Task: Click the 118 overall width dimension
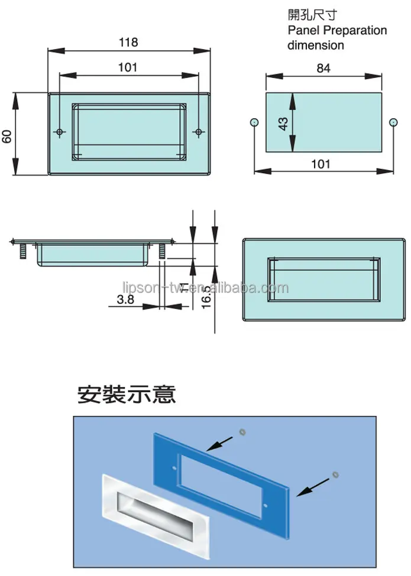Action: pyautogui.click(x=128, y=43)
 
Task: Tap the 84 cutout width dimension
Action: pyautogui.click(x=323, y=69)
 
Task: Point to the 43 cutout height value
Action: pyautogui.click(x=283, y=123)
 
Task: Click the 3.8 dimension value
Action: pyautogui.click(x=125, y=300)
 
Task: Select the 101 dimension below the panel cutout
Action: pyautogui.click(x=320, y=164)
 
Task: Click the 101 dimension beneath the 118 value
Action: pyautogui.click(x=128, y=67)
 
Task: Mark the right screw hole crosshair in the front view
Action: pyautogui.click(x=198, y=131)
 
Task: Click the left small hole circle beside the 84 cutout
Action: pyautogui.click(x=254, y=122)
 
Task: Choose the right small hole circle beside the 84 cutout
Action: pyautogui.click(x=393, y=122)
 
